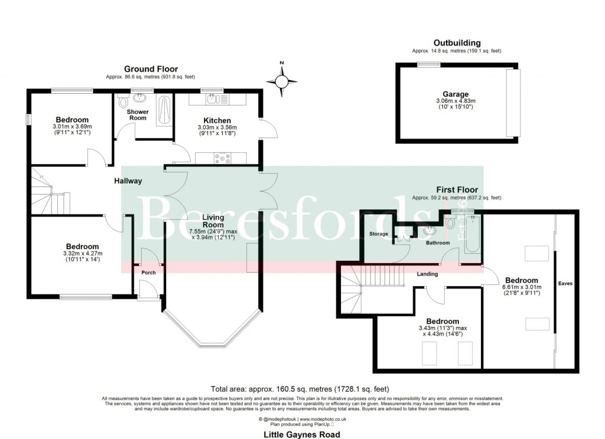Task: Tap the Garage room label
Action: click(456, 94)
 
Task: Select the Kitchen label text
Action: click(216, 120)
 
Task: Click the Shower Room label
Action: click(137, 114)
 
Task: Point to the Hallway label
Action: click(128, 181)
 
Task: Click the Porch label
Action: click(148, 273)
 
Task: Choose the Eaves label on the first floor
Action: click(565, 283)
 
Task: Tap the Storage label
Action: click(379, 234)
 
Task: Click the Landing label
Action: click(427, 274)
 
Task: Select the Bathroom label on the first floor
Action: click(438, 243)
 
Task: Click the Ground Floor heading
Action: click(151, 69)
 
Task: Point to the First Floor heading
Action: click(457, 190)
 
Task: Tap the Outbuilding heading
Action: click(457, 43)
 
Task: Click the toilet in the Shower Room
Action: click(123, 103)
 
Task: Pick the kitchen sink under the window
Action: click(211, 100)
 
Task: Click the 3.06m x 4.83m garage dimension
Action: click(456, 101)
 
